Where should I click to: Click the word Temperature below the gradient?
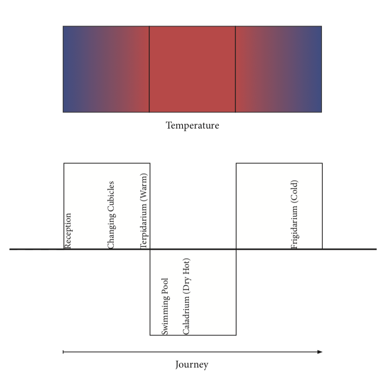coord(192,126)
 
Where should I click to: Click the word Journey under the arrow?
coord(192,365)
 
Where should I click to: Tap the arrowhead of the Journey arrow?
coord(320,352)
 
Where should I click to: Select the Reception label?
coord(68,231)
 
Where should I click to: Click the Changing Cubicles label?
coord(111,215)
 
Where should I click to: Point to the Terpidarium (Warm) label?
coord(144,211)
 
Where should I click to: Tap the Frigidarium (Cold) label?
coord(295,214)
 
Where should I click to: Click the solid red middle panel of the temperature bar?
coord(192,69)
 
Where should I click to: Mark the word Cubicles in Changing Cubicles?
coord(111,197)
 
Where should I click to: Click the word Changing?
coord(111,233)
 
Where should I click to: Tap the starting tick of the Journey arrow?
coord(63,352)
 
